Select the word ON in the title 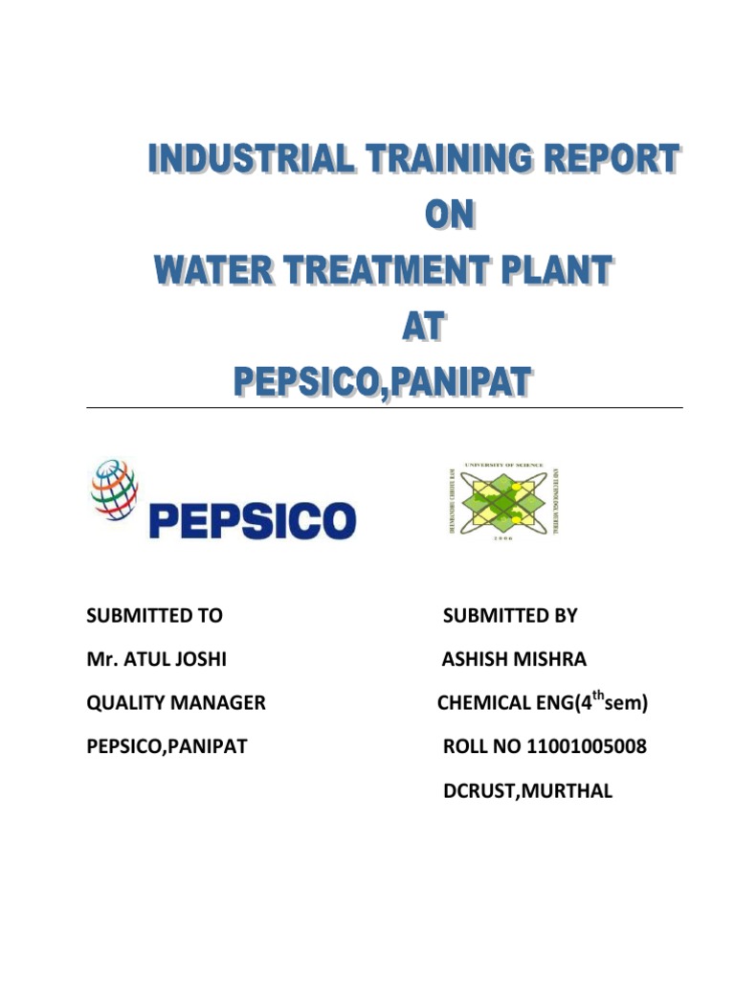click(449, 216)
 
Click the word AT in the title click(421, 328)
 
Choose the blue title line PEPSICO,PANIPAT click(383, 383)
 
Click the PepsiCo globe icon click(114, 489)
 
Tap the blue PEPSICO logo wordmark click(252, 522)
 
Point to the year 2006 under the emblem click(503, 539)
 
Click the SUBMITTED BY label click(510, 616)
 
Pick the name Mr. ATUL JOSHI click(157, 660)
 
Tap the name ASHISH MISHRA click(514, 660)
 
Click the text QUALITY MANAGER click(176, 703)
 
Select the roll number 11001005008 click(586, 746)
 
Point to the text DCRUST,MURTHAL click(527, 790)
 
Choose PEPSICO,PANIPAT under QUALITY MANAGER click(167, 746)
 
